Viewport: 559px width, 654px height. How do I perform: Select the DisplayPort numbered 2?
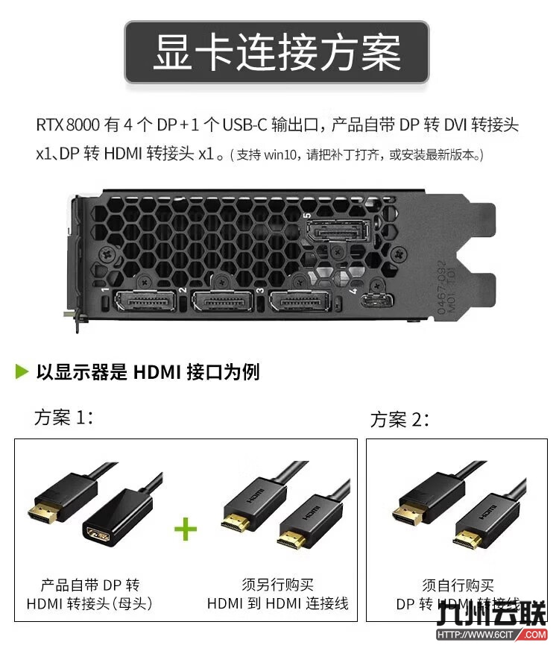pos(221,302)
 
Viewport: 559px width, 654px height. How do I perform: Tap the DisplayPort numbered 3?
pos(299,302)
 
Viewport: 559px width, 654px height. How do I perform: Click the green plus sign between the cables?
pos(186,529)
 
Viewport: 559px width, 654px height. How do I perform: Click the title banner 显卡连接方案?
pos(277,51)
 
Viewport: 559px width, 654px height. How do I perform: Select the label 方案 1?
pos(64,417)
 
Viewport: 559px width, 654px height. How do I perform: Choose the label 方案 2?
pos(399,419)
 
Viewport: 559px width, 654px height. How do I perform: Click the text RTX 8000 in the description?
pos(66,125)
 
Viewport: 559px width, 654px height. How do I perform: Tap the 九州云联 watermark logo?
pos(503,614)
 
